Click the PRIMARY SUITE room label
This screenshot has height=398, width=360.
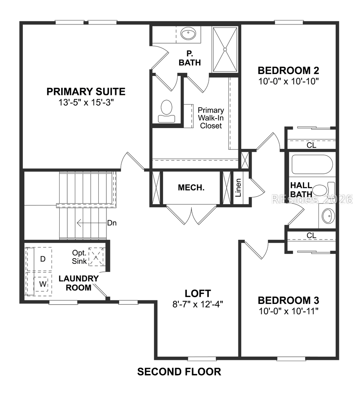click(86, 92)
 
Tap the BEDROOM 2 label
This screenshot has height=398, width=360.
click(288, 71)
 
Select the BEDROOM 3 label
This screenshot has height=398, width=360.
click(288, 300)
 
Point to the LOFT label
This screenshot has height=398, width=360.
click(198, 293)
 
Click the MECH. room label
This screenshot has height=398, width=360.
click(191, 187)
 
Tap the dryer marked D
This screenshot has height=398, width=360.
click(43, 259)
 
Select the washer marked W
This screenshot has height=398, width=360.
click(43, 284)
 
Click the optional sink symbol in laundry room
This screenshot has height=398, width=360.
click(96, 257)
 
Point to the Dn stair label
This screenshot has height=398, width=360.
click(112, 223)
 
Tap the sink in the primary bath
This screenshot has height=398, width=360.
click(187, 34)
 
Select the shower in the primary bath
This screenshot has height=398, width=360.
click(225, 49)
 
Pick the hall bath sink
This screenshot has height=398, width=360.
click(328, 216)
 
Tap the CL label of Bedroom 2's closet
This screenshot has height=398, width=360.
click(311, 145)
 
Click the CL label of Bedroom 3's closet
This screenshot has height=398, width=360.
click(311, 235)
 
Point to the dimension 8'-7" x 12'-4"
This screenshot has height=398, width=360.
click(198, 304)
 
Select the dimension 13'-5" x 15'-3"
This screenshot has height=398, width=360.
click(86, 103)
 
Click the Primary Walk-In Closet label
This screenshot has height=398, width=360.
click(211, 118)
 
